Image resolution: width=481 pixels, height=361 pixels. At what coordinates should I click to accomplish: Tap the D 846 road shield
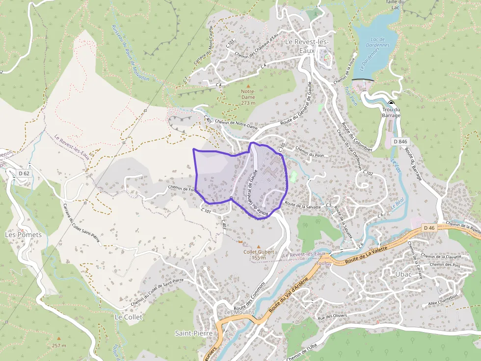tap(400, 142)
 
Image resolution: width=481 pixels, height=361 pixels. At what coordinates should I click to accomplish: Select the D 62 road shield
tap(23, 173)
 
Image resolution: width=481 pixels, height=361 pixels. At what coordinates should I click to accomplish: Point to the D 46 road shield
tap(429, 228)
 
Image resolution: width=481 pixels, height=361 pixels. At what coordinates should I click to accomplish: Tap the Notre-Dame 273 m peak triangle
tap(248, 86)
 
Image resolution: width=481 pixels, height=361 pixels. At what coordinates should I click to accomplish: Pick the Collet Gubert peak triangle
tap(259, 246)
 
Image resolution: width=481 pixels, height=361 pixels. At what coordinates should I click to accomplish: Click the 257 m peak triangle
tap(59, 338)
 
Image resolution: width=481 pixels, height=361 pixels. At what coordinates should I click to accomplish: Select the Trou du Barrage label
tap(391, 113)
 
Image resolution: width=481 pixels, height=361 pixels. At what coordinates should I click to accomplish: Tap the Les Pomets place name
tap(23, 235)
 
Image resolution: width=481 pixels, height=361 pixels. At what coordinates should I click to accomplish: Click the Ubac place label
tap(403, 274)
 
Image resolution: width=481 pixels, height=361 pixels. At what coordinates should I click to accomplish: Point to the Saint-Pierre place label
tap(193, 333)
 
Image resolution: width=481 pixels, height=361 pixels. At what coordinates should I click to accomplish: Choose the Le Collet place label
tap(129, 317)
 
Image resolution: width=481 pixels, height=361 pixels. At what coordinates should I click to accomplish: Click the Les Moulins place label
tap(239, 313)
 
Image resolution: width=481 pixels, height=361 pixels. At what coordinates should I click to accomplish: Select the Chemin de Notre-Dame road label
tap(236, 125)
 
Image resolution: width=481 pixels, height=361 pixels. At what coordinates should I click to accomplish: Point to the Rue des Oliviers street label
tap(332, 315)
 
